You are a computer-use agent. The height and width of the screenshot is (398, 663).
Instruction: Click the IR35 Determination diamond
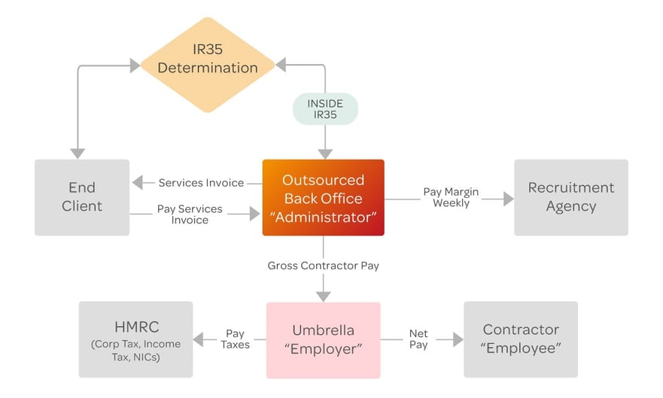coord(208,65)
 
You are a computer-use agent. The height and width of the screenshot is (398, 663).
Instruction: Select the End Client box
coord(82,197)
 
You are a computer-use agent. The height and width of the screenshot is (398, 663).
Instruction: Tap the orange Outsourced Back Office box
coord(324,197)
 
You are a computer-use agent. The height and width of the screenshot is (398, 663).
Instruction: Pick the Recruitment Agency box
coord(571,197)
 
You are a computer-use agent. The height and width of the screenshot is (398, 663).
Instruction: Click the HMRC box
coord(135,339)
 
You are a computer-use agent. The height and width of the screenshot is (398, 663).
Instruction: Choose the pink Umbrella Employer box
coord(324,340)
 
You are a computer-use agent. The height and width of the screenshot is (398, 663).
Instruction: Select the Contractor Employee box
coord(521,339)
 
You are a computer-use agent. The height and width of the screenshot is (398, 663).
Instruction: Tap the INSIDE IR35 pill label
coord(325,109)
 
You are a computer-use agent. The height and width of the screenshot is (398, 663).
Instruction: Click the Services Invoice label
coord(201,183)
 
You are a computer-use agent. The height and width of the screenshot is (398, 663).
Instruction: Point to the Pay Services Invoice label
coord(190,214)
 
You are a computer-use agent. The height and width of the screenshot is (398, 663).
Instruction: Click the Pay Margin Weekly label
coord(452,197)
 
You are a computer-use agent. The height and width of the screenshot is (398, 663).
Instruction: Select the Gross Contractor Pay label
coord(324,266)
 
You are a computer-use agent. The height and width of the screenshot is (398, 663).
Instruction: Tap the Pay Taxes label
coord(235,339)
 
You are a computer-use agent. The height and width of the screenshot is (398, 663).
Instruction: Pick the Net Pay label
coord(418,339)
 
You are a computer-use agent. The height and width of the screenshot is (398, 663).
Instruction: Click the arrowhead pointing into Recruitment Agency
coord(509,199)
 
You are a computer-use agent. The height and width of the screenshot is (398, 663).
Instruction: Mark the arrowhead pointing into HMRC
coord(199,339)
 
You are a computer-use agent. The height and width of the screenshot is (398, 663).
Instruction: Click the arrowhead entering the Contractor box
coord(458,339)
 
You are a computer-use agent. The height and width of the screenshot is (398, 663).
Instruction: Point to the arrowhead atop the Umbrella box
coord(324,296)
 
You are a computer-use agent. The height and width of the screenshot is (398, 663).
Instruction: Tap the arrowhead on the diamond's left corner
coord(135,65)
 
